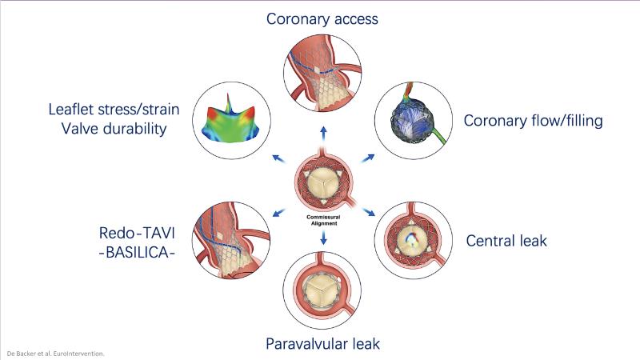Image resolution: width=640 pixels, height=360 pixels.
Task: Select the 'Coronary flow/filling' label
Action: point(534,122)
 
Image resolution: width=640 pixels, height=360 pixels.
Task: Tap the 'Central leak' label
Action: point(507,240)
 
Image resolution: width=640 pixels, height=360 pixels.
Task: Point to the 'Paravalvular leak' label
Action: point(322,345)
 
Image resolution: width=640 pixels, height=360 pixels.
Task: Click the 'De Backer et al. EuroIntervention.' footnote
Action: point(55,353)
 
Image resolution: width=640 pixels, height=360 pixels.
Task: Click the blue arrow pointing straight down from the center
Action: point(322,238)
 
